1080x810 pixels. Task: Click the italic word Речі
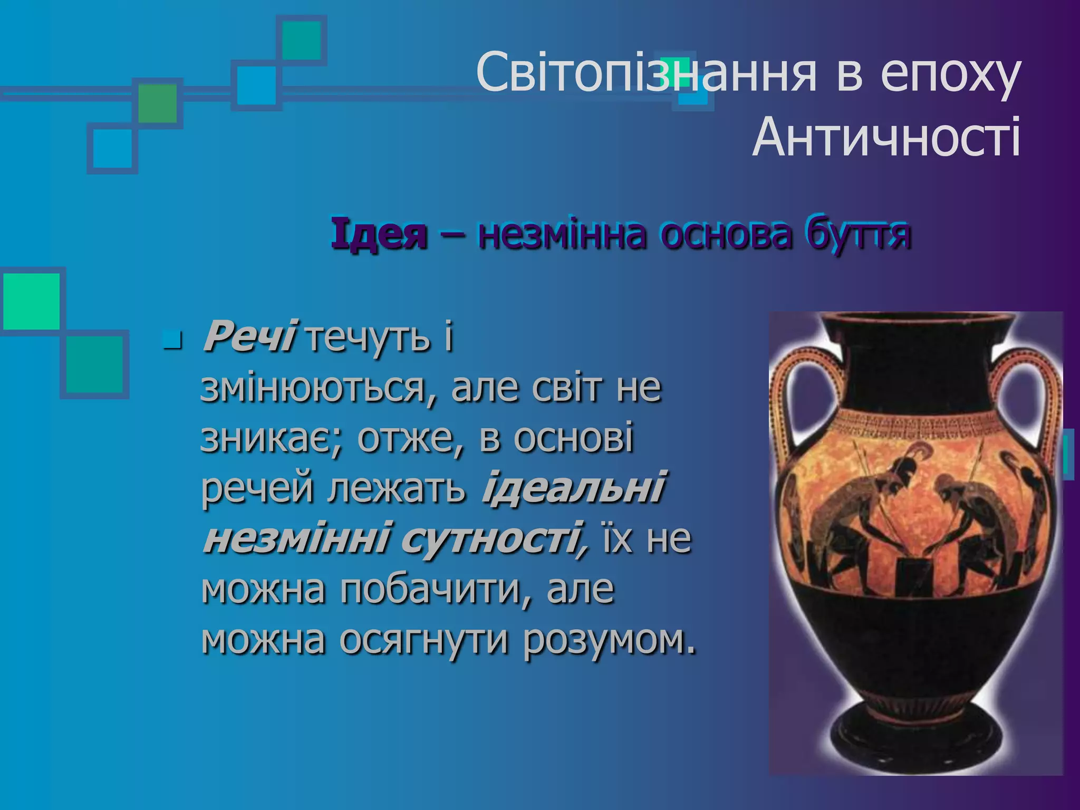point(249,336)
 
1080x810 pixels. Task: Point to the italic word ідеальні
point(573,488)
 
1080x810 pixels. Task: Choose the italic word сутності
point(494,538)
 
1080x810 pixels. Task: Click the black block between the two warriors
point(913,575)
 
